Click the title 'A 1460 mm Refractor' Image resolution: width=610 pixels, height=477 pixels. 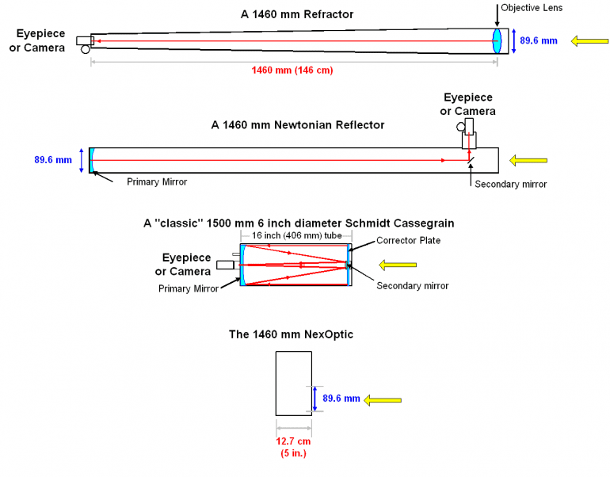coord(297,14)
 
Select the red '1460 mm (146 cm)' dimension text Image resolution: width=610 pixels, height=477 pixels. coord(292,70)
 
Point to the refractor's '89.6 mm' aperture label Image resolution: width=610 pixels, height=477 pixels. coord(539,40)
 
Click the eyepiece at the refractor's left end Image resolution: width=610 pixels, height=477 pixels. coord(84,41)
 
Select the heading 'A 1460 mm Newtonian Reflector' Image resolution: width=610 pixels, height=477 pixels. coord(298,125)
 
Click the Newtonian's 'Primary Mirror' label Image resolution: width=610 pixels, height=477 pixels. coord(157,181)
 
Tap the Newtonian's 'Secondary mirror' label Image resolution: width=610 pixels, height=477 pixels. coord(510,184)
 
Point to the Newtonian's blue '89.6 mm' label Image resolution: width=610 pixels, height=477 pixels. coord(53,159)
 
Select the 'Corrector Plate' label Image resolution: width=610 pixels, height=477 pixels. coord(408,240)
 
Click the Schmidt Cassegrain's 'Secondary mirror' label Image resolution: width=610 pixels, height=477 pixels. coord(413,286)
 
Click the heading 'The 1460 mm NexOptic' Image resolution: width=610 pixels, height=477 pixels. coord(291,335)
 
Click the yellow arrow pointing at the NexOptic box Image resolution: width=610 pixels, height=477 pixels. coord(380,399)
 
